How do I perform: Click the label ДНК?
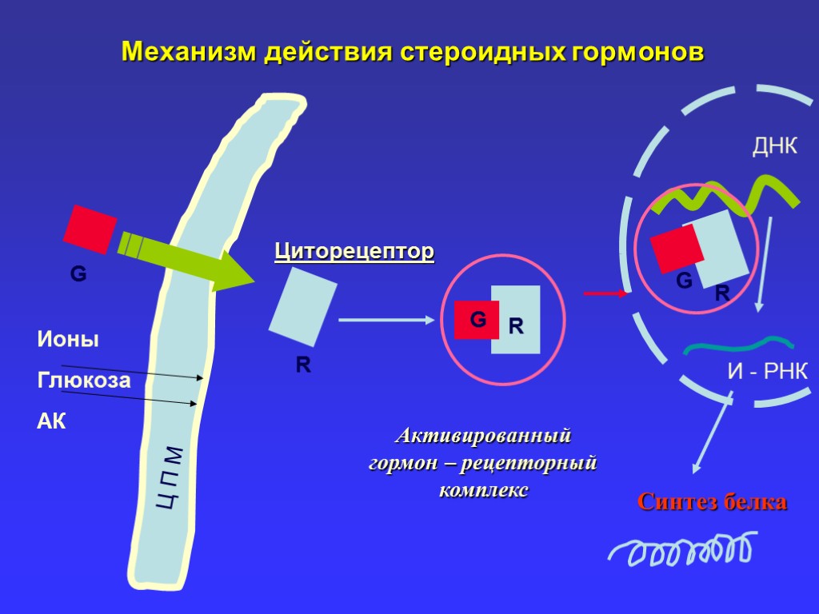[x=775, y=146]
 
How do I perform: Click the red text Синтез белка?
[x=713, y=502]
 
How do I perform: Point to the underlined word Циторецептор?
[x=354, y=252]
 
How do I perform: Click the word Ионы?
[x=68, y=339]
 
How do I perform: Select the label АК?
[x=52, y=421]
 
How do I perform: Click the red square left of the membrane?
[x=90, y=229]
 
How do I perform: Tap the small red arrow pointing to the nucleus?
[x=605, y=294]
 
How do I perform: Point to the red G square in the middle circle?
[x=476, y=320]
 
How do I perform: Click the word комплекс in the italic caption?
[x=483, y=490]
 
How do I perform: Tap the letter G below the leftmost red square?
[x=78, y=275]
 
